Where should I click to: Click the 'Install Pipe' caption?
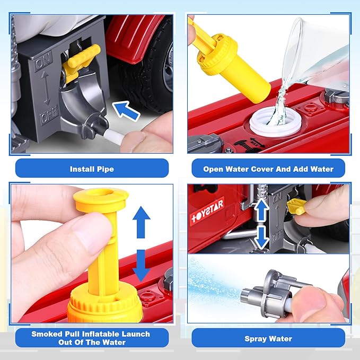coord(92,169)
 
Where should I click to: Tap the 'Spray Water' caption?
coord(268,339)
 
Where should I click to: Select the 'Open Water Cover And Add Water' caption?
coord(268,169)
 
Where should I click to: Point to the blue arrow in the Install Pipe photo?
coord(126,111)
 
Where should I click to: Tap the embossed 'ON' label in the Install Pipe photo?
coord(43,62)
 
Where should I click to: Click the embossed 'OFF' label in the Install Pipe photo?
coord(49,118)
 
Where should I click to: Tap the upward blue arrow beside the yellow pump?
coord(142,222)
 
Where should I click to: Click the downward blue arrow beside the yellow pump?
coord(142,265)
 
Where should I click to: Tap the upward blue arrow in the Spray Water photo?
coord(261,210)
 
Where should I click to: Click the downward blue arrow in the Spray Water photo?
coord(261,238)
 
